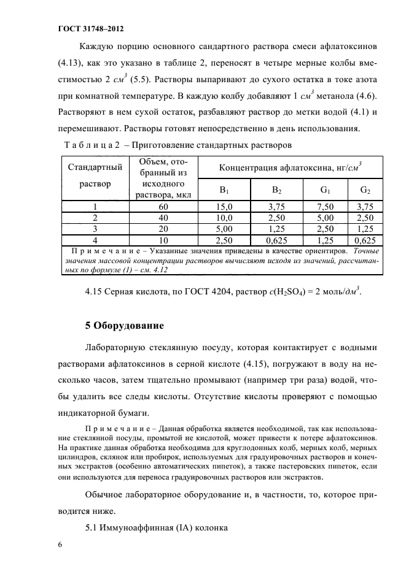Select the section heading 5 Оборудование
click(125, 326)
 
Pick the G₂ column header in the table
click(365, 190)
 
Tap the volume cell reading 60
click(163, 207)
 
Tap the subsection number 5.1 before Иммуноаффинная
click(93, 525)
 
